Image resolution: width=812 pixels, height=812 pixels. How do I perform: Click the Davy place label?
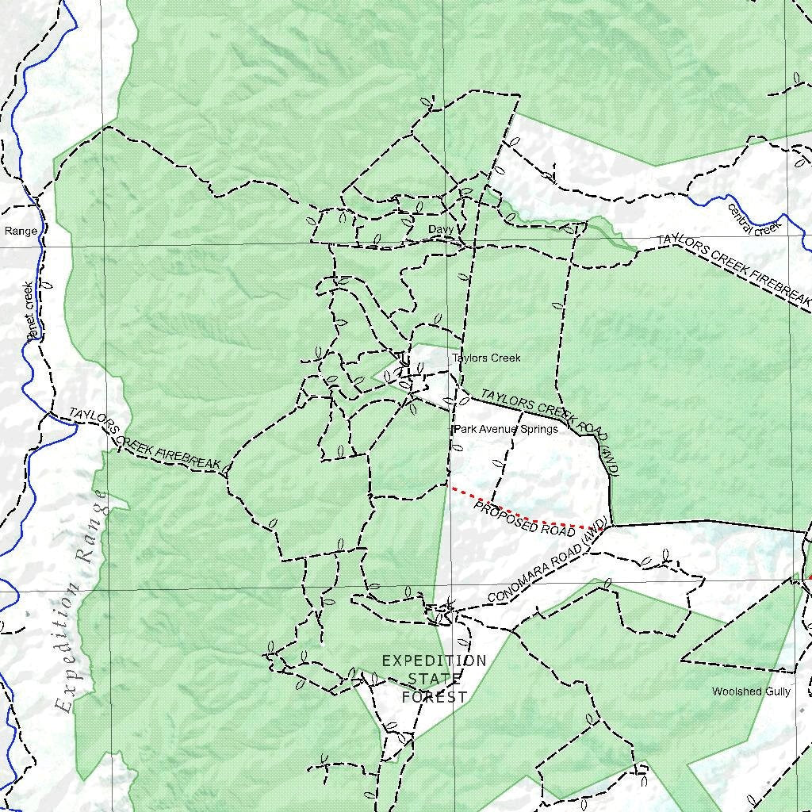pos(440,230)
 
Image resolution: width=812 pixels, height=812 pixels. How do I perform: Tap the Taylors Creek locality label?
pos(486,358)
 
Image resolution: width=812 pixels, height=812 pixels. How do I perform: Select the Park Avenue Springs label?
pos(506,429)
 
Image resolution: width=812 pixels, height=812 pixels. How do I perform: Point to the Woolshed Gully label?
pos(751,691)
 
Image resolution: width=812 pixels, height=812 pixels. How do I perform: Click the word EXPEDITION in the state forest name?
pos(434,661)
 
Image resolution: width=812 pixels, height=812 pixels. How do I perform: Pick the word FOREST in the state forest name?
pos(434,698)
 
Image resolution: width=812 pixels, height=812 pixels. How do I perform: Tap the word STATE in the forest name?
pos(434,680)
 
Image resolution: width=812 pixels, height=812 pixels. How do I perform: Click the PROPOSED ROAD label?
pos(513,519)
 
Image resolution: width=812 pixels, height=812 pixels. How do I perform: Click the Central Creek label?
pos(754,220)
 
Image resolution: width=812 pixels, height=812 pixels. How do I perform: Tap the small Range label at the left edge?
pos(21,232)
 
